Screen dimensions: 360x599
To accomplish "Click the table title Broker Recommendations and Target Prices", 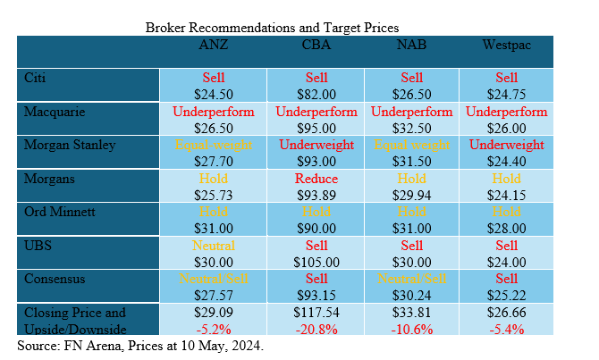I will click(272, 28).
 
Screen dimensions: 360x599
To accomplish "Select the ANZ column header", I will click(213, 43).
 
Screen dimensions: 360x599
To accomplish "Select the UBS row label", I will click(38, 246).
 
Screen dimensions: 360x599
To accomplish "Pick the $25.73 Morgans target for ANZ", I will click(214, 194).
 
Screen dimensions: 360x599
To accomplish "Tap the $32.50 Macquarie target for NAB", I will click(411, 127).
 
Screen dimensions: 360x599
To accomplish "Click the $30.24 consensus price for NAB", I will click(411, 296).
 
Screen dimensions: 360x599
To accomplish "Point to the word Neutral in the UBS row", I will click(214, 246).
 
